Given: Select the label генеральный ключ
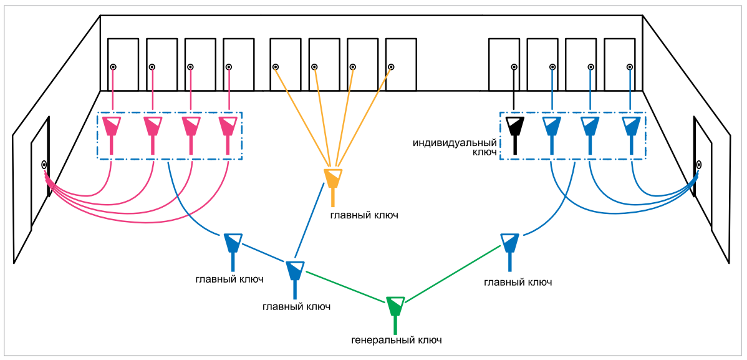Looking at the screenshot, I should tap(397, 341).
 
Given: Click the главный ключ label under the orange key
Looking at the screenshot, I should tap(364, 215).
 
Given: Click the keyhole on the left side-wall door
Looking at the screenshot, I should tap(44, 165).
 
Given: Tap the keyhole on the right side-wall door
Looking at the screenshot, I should tap(699, 165).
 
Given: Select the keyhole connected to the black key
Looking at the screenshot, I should tap(513, 67).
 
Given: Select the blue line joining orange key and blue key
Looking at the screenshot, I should tap(312, 228).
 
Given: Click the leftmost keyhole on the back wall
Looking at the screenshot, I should tap(113, 67).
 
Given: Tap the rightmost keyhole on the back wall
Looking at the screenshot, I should tap(629, 67).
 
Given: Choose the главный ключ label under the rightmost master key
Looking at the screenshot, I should tap(518, 283).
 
